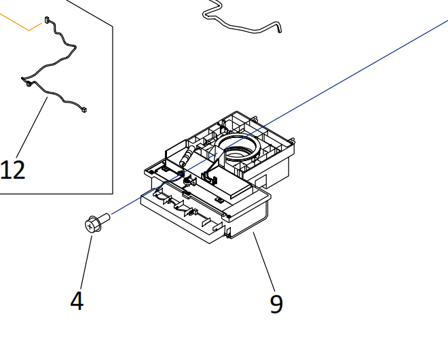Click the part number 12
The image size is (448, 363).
[14, 169]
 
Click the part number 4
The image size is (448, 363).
[77, 300]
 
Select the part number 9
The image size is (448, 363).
[276, 303]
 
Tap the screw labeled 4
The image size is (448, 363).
[97, 222]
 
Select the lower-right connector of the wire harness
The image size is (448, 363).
[85, 109]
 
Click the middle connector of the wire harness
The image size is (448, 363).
[28, 84]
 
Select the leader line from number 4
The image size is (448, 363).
[86, 262]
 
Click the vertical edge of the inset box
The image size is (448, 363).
[113, 109]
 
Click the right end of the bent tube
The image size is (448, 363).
[278, 29]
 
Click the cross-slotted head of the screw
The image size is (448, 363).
[90, 224]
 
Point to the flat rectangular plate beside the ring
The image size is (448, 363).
[234, 184]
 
